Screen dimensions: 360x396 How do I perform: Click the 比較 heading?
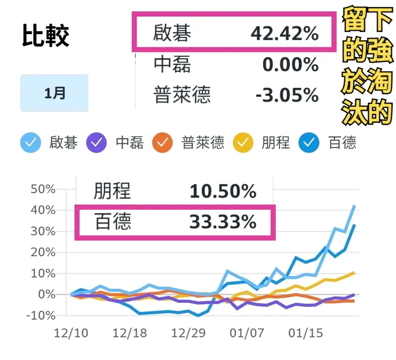tap(46, 36)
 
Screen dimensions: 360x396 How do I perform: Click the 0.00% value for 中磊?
tap(290, 65)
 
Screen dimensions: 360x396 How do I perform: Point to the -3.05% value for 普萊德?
tap(287, 96)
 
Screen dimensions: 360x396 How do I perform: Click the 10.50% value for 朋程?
tap(223, 191)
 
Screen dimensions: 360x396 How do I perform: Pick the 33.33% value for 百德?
tap(223, 222)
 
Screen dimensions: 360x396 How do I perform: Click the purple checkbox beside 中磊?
tap(97, 143)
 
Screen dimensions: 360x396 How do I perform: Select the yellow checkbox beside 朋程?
tap(245, 143)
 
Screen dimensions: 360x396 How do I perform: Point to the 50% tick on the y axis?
tap(43, 189)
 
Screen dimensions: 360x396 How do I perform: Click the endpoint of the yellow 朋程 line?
tap(354, 272)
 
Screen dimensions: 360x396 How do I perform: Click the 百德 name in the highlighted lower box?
tap(113, 222)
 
